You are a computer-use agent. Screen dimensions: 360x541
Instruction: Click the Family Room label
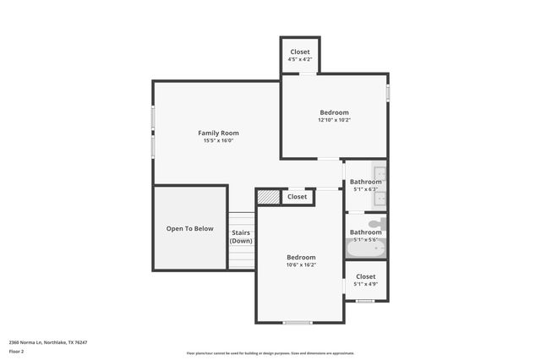tap(218, 133)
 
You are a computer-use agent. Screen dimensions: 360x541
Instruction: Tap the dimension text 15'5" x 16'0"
tap(218, 141)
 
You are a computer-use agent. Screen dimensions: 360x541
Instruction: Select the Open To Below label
tap(189, 228)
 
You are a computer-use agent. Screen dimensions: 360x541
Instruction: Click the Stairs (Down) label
tap(241, 236)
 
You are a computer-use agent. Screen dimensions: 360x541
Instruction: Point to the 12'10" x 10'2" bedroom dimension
tap(334, 120)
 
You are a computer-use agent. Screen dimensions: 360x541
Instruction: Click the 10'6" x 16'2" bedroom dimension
tap(300, 265)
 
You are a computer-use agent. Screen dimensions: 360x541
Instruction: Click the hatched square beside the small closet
tap(268, 197)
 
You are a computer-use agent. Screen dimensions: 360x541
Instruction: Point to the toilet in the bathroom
tap(378, 224)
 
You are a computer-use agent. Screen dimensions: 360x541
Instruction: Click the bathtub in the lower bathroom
tap(365, 248)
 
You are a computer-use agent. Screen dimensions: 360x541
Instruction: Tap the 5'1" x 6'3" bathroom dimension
tap(365, 189)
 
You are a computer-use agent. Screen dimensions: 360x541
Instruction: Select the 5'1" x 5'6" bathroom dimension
tap(365, 240)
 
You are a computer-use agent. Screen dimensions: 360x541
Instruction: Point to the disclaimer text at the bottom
tap(270, 353)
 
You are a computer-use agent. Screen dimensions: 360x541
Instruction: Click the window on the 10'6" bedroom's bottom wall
tap(297, 322)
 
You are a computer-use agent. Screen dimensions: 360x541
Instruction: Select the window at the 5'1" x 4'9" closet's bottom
tap(365, 301)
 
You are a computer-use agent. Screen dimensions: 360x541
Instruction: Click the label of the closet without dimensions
tap(297, 197)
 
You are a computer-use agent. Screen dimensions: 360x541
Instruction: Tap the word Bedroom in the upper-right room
tap(334, 112)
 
